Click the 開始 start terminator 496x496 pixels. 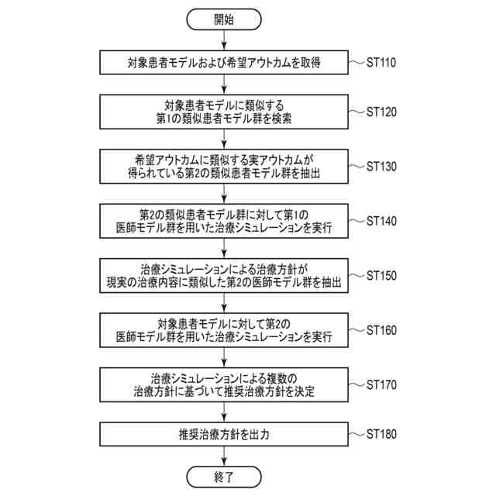223,19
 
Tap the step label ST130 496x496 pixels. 381,166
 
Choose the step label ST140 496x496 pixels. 381,221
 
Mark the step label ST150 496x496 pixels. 381,275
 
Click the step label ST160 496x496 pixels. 381,329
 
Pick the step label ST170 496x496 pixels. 381,384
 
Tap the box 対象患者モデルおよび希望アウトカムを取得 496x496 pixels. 223,63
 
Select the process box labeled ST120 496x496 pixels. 223,113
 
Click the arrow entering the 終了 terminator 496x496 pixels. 223,455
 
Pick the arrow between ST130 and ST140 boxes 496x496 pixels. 223,194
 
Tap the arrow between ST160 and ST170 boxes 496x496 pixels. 223,356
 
